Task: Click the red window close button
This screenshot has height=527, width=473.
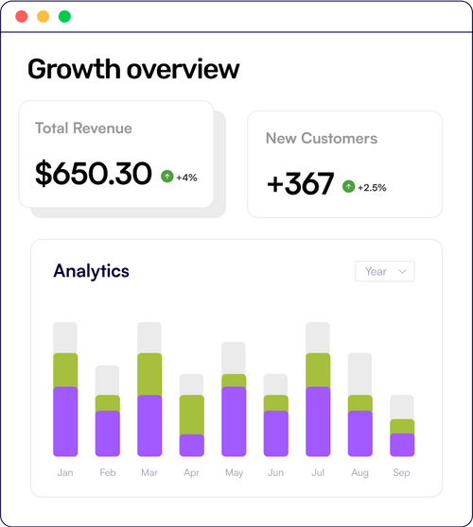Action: (22, 17)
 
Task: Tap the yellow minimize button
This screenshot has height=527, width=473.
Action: (43, 17)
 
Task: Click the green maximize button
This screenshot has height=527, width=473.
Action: (64, 17)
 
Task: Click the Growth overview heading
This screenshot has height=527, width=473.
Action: (133, 69)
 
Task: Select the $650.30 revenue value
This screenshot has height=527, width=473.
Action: (93, 174)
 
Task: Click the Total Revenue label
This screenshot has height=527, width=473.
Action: (83, 128)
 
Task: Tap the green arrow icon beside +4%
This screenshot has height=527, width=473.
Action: (167, 177)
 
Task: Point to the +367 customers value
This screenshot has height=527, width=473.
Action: (300, 185)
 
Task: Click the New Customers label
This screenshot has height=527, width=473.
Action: (321, 139)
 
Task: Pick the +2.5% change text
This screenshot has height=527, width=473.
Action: (373, 187)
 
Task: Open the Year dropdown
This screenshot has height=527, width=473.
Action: (384, 271)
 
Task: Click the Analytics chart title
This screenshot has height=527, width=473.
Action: (91, 271)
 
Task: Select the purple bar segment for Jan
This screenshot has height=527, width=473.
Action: (65, 421)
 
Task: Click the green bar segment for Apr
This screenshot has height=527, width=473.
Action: (192, 414)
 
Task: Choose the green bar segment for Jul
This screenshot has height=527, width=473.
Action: (318, 370)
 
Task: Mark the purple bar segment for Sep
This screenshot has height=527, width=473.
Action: (402, 445)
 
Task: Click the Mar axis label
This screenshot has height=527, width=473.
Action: (149, 472)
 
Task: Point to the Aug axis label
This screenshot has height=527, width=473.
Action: (359, 472)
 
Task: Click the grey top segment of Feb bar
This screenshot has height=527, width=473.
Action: (108, 380)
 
